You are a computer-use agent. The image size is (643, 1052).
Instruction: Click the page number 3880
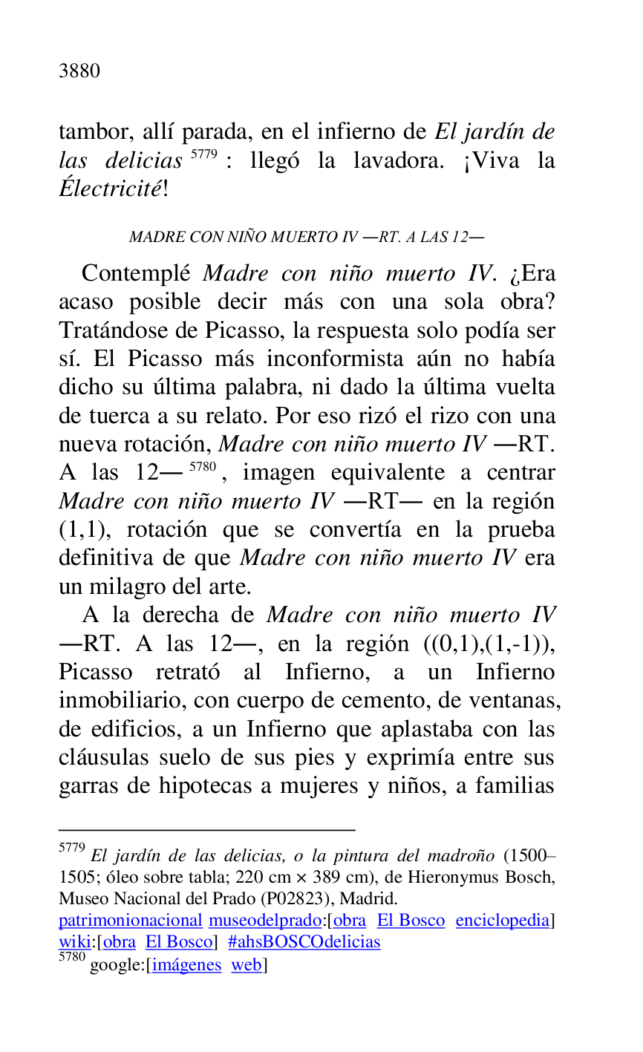79,71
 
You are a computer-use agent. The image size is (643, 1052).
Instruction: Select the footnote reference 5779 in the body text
202,155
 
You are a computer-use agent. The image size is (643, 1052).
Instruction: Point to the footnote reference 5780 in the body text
202,467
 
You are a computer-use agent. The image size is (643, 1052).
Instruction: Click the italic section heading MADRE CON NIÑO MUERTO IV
306,238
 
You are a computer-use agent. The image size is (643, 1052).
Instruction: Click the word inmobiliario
125,702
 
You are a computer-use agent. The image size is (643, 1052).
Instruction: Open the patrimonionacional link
130,921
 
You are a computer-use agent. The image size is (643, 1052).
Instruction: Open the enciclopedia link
502,921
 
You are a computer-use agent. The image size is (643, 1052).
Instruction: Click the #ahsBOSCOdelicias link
304,942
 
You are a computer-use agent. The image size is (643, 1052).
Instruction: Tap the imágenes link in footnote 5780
186,965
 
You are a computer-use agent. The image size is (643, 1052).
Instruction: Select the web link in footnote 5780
246,965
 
